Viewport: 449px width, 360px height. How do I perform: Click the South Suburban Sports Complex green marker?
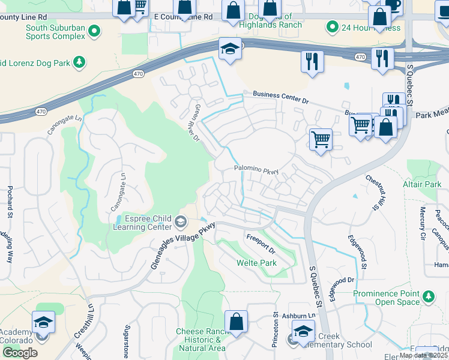pyautogui.click(x=94, y=30)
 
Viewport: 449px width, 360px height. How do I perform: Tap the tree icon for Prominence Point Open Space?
pyautogui.click(x=428, y=296)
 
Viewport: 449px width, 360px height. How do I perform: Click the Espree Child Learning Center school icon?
pyautogui.click(x=180, y=223)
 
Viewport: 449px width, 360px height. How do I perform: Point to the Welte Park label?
pyautogui.click(x=256, y=263)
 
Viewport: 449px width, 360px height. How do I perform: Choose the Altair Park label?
pyautogui.click(x=424, y=185)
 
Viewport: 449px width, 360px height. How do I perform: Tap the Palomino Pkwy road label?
pyautogui.click(x=256, y=170)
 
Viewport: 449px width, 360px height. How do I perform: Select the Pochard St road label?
pyautogui.click(x=10, y=204)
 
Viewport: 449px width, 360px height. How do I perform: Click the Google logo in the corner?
pyautogui.click(x=20, y=352)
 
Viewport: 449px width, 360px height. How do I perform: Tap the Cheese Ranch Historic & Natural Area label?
pyautogui.click(x=201, y=340)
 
